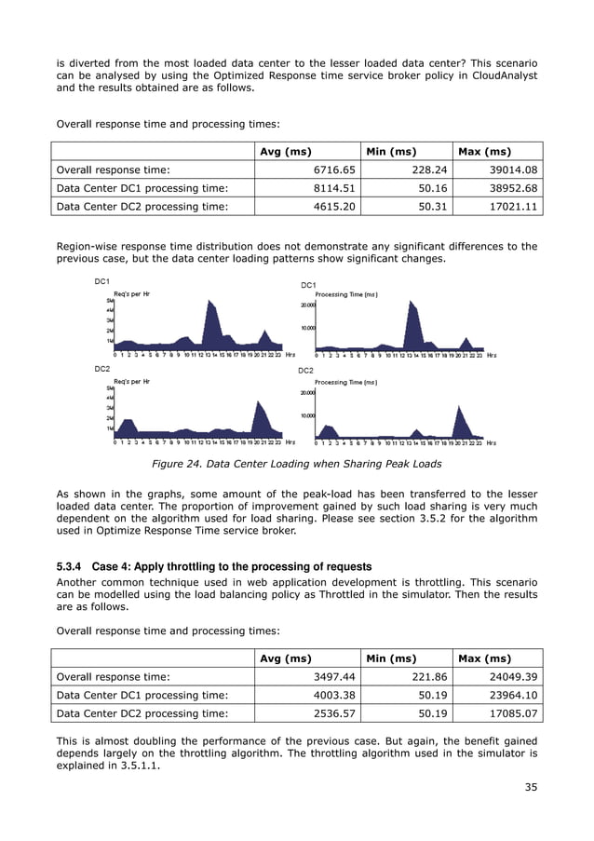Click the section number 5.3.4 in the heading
[x=73, y=566]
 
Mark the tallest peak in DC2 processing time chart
[x=458, y=409]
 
